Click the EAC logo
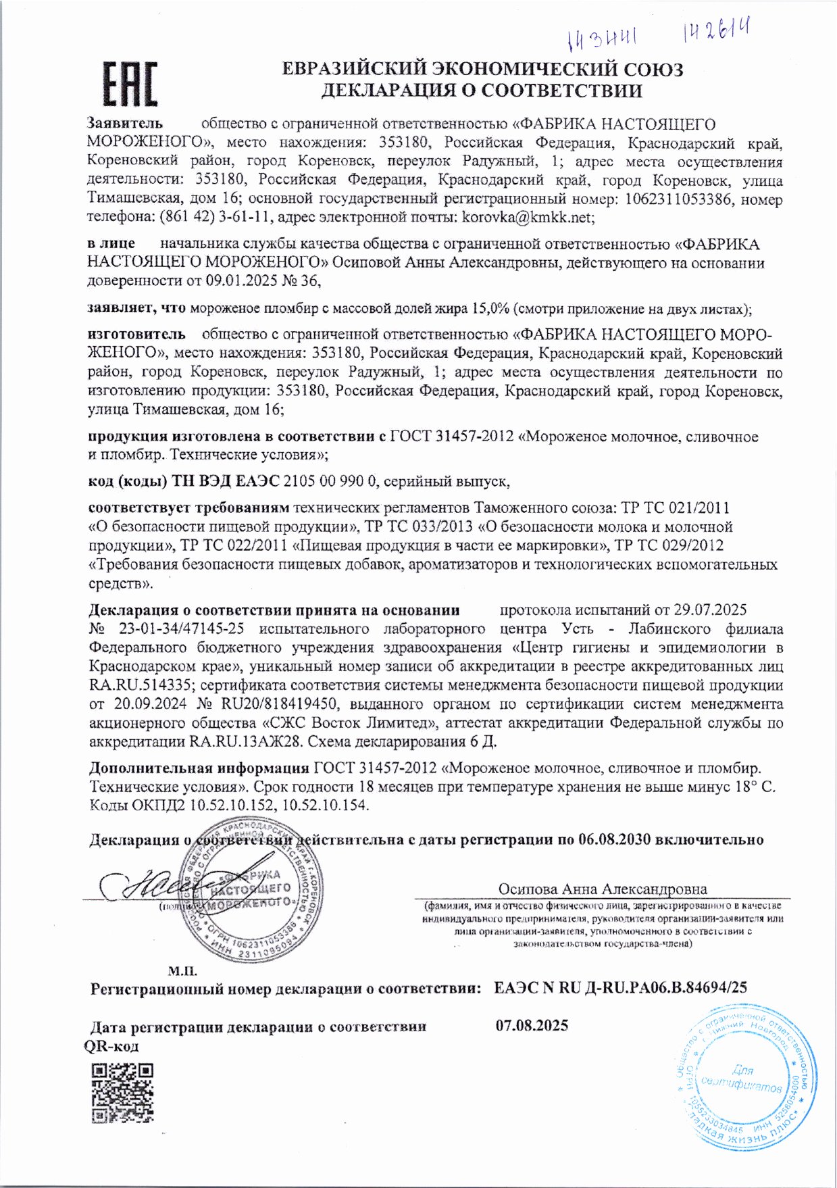coord(130,84)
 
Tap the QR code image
coord(122,1093)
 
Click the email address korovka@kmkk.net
coord(527,218)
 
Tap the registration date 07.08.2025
coord(532,1025)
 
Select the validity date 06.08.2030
coord(614,839)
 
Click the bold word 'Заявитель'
coord(125,123)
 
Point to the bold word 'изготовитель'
coord(136,334)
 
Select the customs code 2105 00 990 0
coord(330,481)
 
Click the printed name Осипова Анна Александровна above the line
coord(603,889)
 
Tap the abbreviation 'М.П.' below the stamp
coord(182,971)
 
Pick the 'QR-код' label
coord(111,1046)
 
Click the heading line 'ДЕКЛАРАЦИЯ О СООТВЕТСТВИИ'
coord(481,91)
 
